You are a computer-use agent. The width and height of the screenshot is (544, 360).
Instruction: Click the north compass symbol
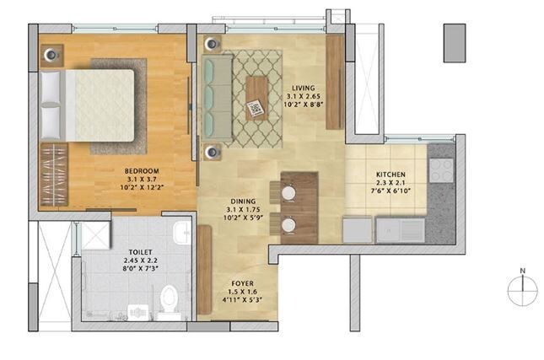(x=522, y=289)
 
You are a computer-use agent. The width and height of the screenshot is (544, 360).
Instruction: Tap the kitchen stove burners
(x=442, y=169)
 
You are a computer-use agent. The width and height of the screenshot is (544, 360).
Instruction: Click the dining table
(x=299, y=202)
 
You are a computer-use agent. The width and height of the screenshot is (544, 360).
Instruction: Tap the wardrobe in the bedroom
(x=53, y=178)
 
